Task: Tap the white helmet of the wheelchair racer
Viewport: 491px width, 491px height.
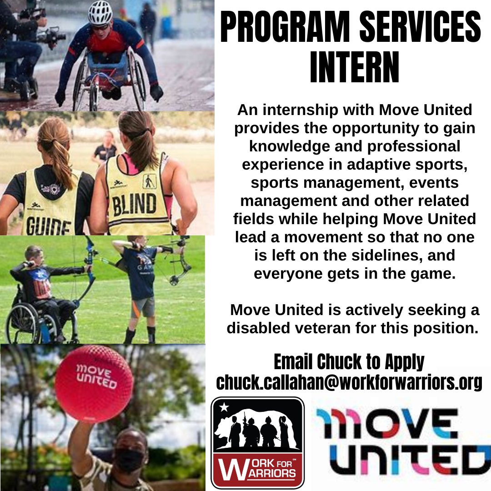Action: coord(100,13)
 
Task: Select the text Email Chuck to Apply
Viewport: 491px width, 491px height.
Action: coord(349,362)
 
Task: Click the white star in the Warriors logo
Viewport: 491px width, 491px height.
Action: coord(224,407)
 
